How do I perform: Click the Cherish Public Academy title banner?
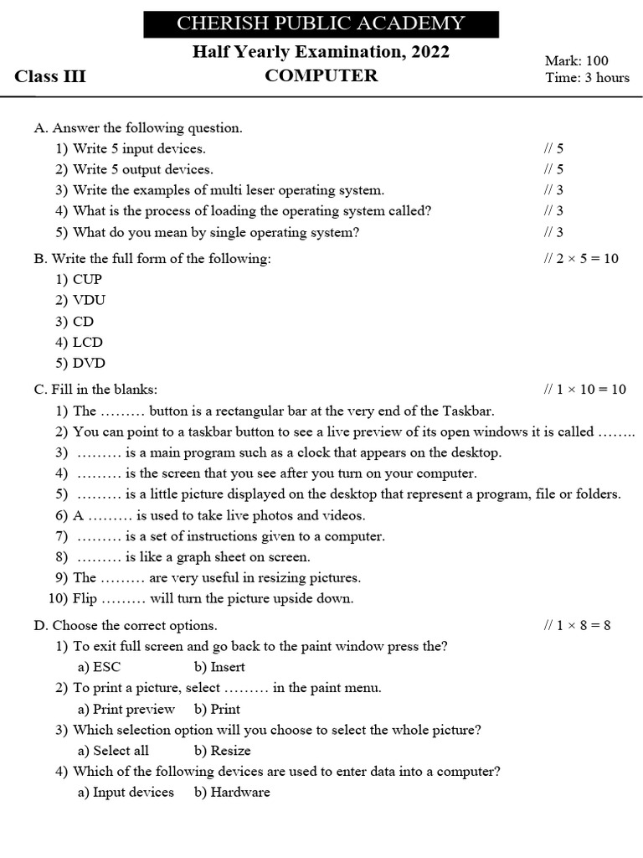coord(321,23)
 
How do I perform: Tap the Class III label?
coord(50,77)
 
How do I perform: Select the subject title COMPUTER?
coord(321,76)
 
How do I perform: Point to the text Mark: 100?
coord(576,60)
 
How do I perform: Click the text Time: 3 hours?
coord(587,78)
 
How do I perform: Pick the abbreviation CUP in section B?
coord(87,280)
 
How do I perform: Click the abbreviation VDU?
coord(89,300)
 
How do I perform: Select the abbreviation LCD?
coord(88,342)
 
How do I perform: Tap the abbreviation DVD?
coord(89,363)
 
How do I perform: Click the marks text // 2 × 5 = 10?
coord(581,259)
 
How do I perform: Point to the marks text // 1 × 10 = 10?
coord(584,390)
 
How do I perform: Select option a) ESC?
coord(100,667)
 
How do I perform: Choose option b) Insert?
coord(219,667)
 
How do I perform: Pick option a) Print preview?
coord(126,709)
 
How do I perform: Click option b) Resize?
coord(222,751)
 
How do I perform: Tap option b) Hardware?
coord(232,792)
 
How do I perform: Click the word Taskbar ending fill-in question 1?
coord(468,411)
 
